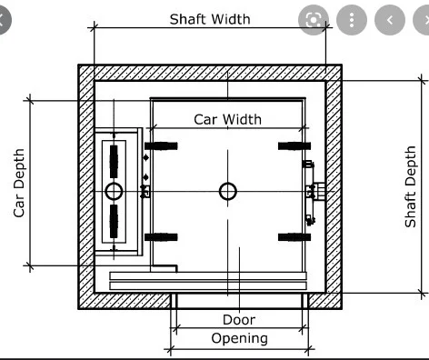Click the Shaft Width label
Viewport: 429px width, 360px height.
click(x=209, y=18)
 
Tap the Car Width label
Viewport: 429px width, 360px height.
click(x=227, y=119)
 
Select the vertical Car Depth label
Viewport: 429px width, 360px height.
click(x=18, y=182)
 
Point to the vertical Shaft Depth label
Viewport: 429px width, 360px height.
click(x=411, y=186)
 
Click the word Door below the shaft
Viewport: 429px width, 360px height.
click(x=238, y=319)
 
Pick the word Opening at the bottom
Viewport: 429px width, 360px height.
click(x=239, y=338)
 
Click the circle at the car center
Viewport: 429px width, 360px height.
click(x=227, y=191)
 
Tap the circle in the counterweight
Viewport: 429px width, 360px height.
click(x=114, y=191)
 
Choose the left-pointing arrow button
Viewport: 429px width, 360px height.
click(x=388, y=20)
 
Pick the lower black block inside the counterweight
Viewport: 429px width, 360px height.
click(x=114, y=221)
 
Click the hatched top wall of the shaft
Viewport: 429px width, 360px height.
click(x=209, y=72)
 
